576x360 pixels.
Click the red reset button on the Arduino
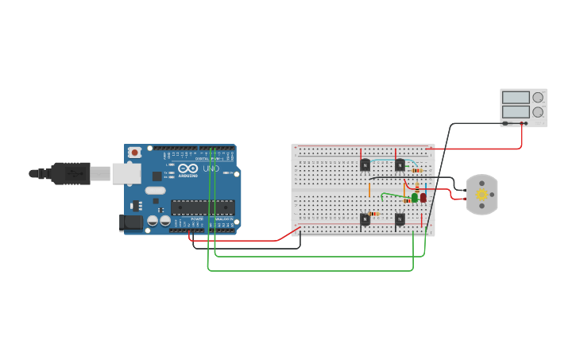pyautogui.click(x=135, y=152)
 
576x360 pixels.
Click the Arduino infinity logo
pyautogui.click(x=187, y=168)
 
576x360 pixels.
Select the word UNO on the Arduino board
pyautogui.click(x=211, y=168)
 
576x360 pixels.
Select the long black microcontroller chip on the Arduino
pyautogui.click(x=203, y=207)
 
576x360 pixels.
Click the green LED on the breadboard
pyautogui.click(x=414, y=198)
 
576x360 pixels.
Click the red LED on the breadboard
pyautogui.click(x=423, y=197)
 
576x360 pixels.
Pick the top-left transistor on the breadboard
pyautogui.click(x=365, y=165)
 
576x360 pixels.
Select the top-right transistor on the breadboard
pyautogui.click(x=400, y=165)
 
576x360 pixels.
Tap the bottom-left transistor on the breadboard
pyautogui.click(x=365, y=219)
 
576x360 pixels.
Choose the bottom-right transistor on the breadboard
pyautogui.click(x=400, y=219)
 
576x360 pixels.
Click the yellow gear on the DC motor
pyautogui.click(x=481, y=195)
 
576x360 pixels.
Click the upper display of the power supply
pyautogui.click(x=515, y=98)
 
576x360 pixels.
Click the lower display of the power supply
pyautogui.click(x=515, y=113)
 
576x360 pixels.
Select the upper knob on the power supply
pyautogui.click(x=538, y=98)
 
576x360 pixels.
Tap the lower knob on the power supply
pyautogui.click(x=538, y=113)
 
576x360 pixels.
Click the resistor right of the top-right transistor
pyautogui.click(x=417, y=170)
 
